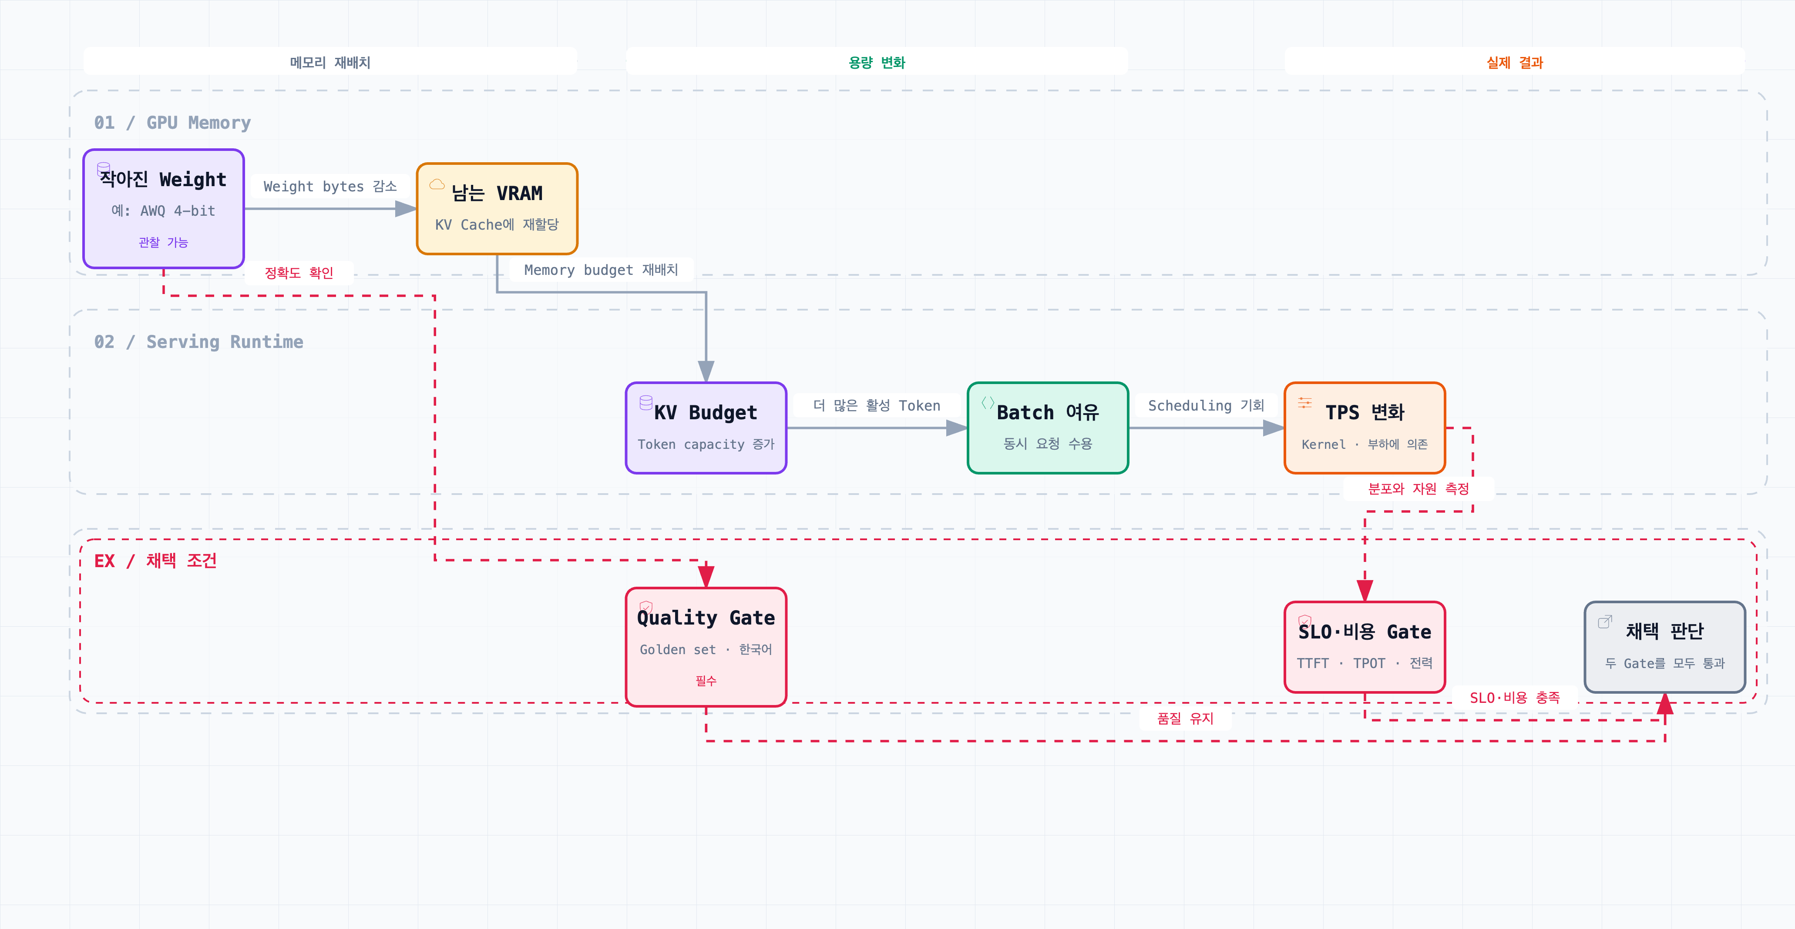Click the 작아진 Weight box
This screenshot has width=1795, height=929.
[x=163, y=208]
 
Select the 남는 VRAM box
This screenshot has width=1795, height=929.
[x=497, y=208]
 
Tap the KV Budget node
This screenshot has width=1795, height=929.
[x=706, y=428]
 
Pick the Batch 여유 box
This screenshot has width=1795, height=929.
[x=1047, y=428]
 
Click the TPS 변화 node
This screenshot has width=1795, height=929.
[x=1365, y=428]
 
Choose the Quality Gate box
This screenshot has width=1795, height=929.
[x=706, y=647]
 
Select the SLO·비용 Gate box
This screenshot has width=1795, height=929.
[x=1365, y=647]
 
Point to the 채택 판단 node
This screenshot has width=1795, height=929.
[x=1665, y=647]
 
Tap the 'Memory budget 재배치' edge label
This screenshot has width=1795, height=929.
[x=601, y=270]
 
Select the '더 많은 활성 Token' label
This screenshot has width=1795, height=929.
[x=877, y=405]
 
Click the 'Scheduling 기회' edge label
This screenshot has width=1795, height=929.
[x=1206, y=405]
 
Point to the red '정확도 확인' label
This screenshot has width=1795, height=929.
[x=299, y=273]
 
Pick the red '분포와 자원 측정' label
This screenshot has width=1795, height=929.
[x=1418, y=489]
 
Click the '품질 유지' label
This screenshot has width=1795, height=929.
[x=1185, y=718]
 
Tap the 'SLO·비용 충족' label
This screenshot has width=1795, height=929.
[x=1514, y=698]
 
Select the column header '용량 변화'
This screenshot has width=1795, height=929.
[x=877, y=63]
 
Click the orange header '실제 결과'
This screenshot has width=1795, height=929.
[x=1514, y=63]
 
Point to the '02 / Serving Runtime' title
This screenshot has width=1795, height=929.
[x=198, y=342]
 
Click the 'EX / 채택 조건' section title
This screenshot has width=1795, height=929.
[x=155, y=561]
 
